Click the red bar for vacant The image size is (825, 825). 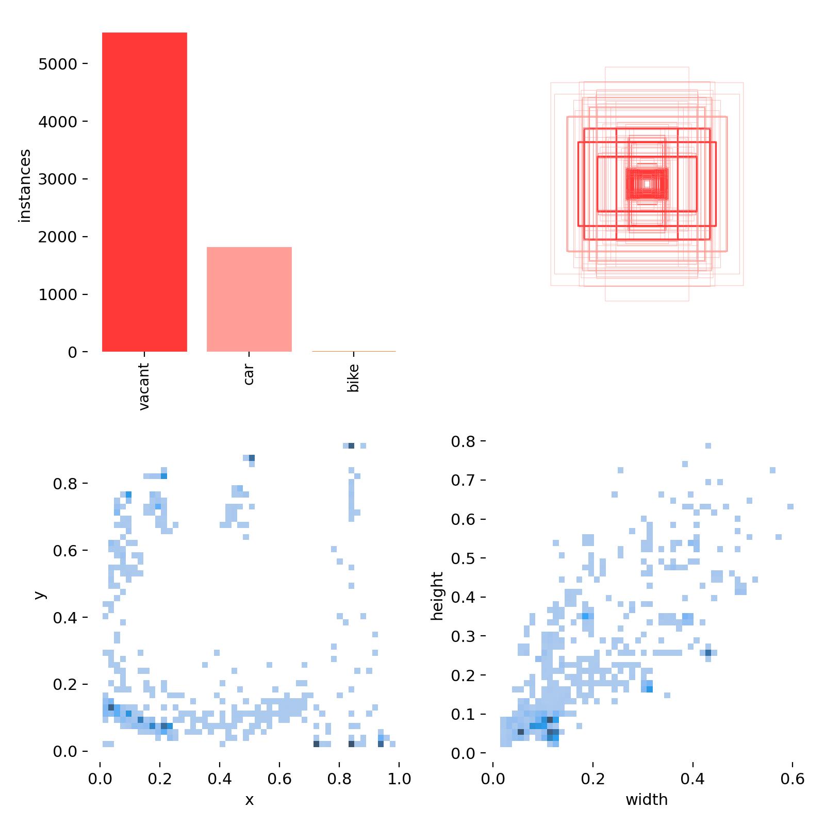pyautogui.click(x=144, y=192)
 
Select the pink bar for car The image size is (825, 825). pyautogui.click(x=249, y=299)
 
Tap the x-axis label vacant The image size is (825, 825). pyautogui.click(x=144, y=386)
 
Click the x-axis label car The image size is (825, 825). pyautogui.click(x=249, y=374)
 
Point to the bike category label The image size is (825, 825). pyautogui.click(x=353, y=378)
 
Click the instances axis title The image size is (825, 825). pyautogui.click(x=25, y=186)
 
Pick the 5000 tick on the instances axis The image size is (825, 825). pyautogui.click(x=57, y=64)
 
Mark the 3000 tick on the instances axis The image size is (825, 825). pyautogui.click(x=57, y=179)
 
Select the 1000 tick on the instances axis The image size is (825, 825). pyautogui.click(x=57, y=295)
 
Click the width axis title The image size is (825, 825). pyautogui.click(x=647, y=800)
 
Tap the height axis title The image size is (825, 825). pyautogui.click(x=437, y=596)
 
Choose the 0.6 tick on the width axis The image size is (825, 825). pyautogui.click(x=792, y=779)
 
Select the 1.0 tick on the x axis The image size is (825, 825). pyautogui.click(x=399, y=779)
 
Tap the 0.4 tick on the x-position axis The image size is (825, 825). pyautogui.click(x=220, y=779)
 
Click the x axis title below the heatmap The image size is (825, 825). pyautogui.click(x=250, y=800)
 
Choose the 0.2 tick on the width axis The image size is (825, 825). pyautogui.click(x=593, y=779)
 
